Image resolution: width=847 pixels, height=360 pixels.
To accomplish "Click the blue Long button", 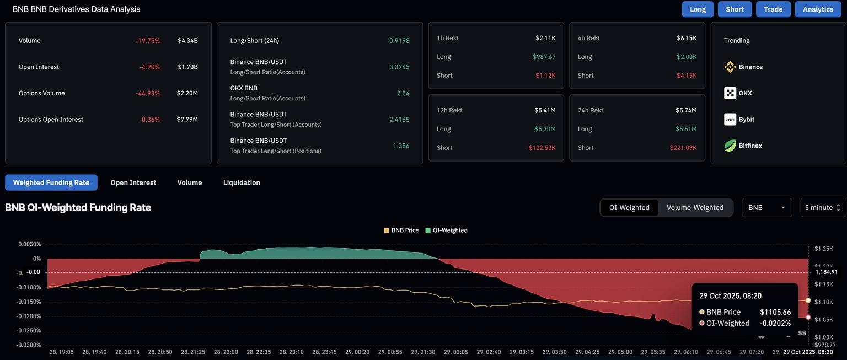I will click(x=698, y=9).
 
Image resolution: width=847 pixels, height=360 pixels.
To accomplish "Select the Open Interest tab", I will click(x=133, y=182).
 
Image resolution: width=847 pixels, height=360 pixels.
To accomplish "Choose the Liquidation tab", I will click(x=242, y=182).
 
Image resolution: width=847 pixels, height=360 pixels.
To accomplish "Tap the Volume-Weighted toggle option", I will click(x=695, y=208).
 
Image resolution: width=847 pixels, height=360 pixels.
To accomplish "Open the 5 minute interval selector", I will click(x=823, y=208).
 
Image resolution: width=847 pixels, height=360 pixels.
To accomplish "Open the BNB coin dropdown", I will click(x=766, y=208).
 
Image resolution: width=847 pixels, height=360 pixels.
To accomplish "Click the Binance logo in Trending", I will click(x=730, y=67).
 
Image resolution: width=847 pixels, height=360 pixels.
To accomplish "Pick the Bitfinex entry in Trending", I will click(x=750, y=146).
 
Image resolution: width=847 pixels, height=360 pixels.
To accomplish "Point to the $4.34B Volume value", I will click(x=187, y=41).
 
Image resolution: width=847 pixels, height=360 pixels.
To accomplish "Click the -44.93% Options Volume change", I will click(x=147, y=93).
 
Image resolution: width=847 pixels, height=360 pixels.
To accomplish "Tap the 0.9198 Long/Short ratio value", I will click(x=399, y=41).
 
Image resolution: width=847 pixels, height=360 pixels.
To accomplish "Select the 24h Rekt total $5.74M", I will click(x=686, y=110).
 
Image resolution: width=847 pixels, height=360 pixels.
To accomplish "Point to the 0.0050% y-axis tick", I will click(x=29, y=244).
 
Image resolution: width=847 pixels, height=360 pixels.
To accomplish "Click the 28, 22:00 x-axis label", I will click(x=226, y=352).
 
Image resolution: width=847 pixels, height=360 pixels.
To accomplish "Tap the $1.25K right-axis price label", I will click(x=824, y=249).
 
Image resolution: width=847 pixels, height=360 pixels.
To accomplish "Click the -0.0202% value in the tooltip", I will click(x=775, y=324).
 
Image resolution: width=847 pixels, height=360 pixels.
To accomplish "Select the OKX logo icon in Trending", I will click(x=730, y=93).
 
